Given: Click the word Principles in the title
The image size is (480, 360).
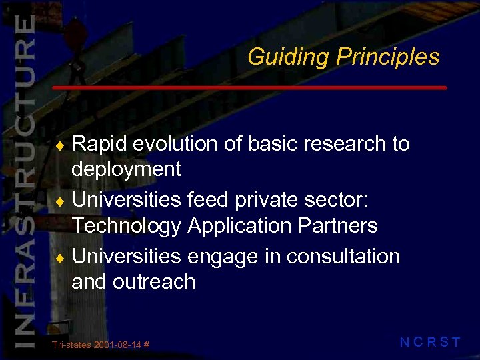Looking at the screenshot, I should click(x=387, y=57).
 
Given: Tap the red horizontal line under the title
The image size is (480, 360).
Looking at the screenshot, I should click(x=249, y=88).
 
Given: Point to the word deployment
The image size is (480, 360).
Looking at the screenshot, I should click(x=126, y=169).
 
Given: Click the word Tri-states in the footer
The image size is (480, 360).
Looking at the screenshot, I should click(x=71, y=345).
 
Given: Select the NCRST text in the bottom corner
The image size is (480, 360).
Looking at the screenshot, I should click(x=430, y=343).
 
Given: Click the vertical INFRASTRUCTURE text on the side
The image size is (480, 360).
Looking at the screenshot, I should click(x=24, y=180).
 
